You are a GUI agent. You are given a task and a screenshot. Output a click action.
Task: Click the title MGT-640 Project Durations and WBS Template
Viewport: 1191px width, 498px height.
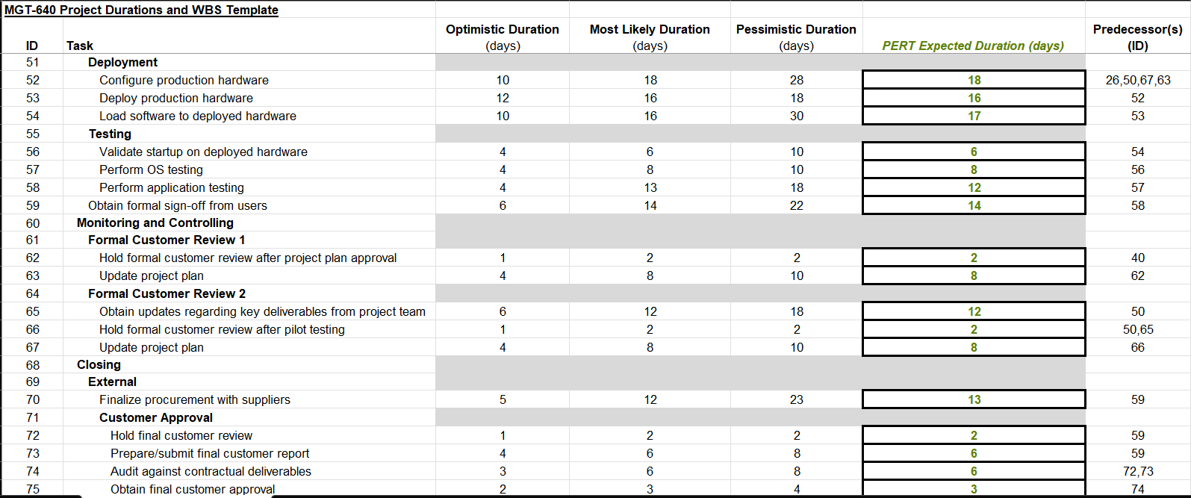pyautogui.click(x=141, y=10)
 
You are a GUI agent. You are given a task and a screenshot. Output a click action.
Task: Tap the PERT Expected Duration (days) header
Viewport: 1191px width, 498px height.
pyautogui.click(x=972, y=46)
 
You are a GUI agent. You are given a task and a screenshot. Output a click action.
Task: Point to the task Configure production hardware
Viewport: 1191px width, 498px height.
pyautogui.click(x=184, y=80)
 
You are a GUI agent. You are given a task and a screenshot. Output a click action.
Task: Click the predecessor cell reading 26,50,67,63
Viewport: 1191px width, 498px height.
pyautogui.click(x=1137, y=80)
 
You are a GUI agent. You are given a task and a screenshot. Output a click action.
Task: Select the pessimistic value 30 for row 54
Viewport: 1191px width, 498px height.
pyautogui.click(x=796, y=116)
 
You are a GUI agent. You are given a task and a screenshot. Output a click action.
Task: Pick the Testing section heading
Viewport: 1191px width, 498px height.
pyautogui.click(x=110, y=134)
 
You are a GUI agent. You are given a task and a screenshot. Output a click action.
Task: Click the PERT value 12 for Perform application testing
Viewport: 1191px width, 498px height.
pyautogui.click(x=974, y=187)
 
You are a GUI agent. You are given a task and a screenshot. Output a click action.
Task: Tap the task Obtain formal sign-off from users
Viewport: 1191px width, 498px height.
pyautogui.click(x=177, y=205)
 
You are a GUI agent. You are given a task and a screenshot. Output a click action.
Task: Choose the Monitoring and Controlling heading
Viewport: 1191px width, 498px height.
pyautogui.click(x=155, y=222)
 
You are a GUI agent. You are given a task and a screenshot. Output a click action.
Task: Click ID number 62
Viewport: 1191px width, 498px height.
pyautogui.click(x=33, y=258)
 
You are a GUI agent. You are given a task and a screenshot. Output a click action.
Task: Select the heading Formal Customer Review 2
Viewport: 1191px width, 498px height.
pyautogui.click(x=167, y=293)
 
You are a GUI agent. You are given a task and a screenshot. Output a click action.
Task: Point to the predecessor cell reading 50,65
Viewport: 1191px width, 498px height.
pyautogui.click(x=1137, y=329)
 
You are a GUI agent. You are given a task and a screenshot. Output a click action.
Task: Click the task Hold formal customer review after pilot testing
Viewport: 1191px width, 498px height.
pyautogui.click(x=222, y=329)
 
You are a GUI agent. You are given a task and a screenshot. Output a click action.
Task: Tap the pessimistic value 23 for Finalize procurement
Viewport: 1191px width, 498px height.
pyautogui.click(x=796, y=399)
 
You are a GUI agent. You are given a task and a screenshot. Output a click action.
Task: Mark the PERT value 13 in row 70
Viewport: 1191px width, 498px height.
pyautogui.click(x=974, y=399)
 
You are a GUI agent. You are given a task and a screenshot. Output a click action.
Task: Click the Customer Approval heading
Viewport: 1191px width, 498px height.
pyautogui.click(x=155, y=417)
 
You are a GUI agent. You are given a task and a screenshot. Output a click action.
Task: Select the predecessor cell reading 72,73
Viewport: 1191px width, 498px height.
pyautogui.click(x=1137, y=471)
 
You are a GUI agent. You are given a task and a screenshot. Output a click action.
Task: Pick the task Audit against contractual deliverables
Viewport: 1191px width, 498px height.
pyautogui.click(x=211, y=471)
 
